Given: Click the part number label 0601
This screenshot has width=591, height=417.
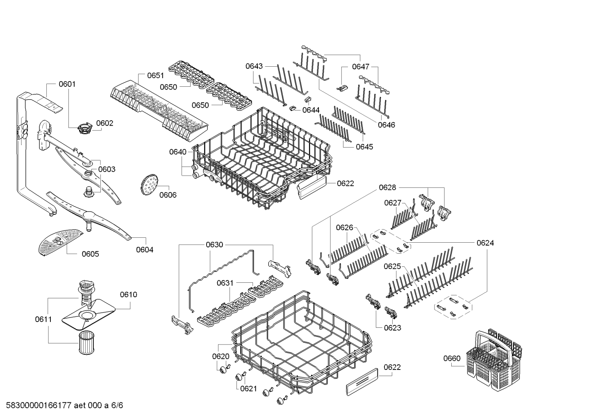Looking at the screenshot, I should coord(67,84).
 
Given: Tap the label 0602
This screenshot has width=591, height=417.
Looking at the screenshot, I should coord(105,123).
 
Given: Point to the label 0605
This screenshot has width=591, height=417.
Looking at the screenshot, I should coord(90,254).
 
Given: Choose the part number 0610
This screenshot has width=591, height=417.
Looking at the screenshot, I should coord(128,295).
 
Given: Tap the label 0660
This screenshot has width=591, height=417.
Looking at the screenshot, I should coord(452,358).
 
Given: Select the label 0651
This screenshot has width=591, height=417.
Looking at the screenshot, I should coord(155,75).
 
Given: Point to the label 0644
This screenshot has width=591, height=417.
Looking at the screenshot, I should coord(311,110).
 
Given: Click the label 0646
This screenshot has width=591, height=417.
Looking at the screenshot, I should coord(386,125).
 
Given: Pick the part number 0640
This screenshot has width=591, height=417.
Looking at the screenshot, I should coord(177,152).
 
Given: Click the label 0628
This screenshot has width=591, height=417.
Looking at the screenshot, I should coord(387,187).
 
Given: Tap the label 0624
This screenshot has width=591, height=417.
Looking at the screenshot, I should coord(485,243).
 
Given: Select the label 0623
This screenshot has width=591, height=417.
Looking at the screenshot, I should coord(393,327).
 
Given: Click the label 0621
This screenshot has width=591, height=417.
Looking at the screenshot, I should coord(248,388).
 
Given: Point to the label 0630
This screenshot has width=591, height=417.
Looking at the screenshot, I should coord(214,245).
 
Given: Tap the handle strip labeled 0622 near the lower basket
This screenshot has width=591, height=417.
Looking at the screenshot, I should coord(362,381).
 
